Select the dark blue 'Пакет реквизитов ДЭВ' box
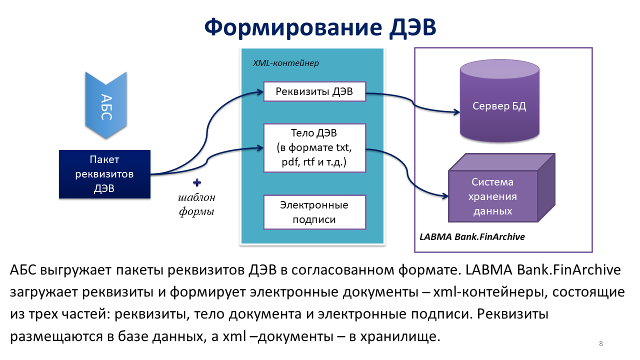click(x=104, y=174)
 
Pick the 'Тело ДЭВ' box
click(x=314, y=148)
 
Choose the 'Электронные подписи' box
click(x=314, y=212)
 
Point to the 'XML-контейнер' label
click(x=286, y=63)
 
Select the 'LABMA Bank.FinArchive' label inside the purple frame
click(x=472, y=236)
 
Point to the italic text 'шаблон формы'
click(x=196, y=204)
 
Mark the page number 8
click(x=600, y=343)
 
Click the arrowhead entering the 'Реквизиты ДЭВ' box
click(x=260, y=91)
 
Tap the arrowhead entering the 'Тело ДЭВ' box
click(x=260, y=147)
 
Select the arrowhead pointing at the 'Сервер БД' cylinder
click(x=456, y=111)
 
